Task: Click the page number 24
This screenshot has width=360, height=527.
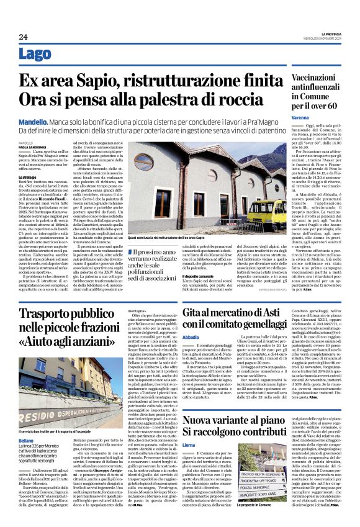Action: point(22,37)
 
